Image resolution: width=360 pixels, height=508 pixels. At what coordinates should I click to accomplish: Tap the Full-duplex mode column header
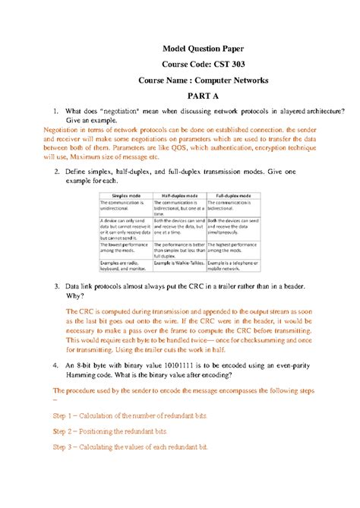[x=232, y=196]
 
